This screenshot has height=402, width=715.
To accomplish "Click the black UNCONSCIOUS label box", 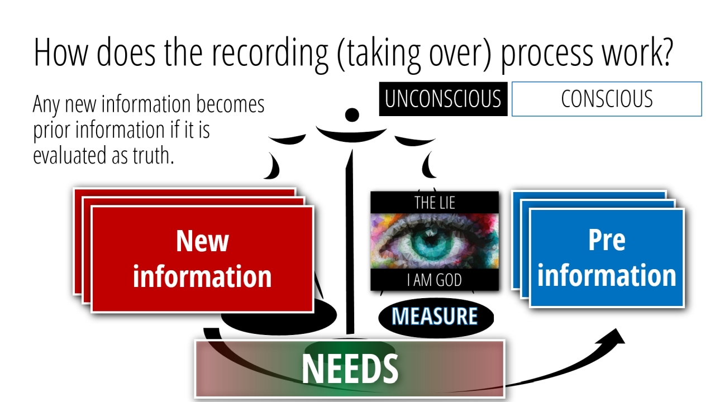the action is click(x=443, y=99).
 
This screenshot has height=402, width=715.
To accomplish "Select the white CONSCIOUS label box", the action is click(x=607, y=99).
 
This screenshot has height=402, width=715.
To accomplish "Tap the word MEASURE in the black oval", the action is click(x=435, y=316).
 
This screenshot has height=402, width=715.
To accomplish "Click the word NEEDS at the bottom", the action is click(x=350, y=369).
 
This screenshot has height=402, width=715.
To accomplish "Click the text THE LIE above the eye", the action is click(x=435, y=203).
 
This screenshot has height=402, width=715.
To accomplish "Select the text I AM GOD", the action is click(x=435, y=280).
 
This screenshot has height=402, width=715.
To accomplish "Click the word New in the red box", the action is click(x=202, y=241).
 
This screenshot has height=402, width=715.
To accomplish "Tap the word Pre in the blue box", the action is click(x=607, y=240).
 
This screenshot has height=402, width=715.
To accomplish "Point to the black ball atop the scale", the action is click(x=352, y=115).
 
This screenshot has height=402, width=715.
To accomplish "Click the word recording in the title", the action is click(x=270, y=53).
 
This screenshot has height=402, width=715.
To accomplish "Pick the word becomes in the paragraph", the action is click(x=230, y=104).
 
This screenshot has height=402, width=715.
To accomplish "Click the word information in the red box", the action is click(x=202, y=276).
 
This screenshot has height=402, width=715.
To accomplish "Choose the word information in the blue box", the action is click(x=607, y=275).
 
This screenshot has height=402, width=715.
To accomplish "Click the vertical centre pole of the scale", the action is click(x=350, y=242).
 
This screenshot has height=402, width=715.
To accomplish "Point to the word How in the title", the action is click(x=60, y=52).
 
